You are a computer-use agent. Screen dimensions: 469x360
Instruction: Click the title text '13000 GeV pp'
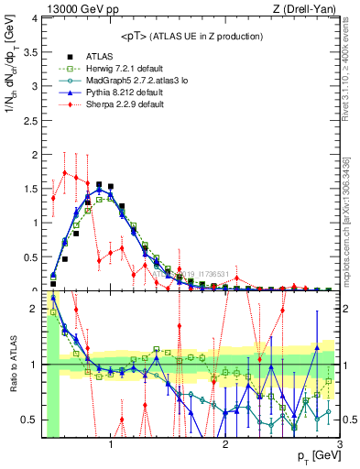pos(74,8)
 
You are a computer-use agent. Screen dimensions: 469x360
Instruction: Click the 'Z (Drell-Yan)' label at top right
pos(308,8)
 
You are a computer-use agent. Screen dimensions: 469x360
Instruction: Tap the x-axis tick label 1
pos(111,445)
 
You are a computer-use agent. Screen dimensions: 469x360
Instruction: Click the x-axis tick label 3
pos(339,445)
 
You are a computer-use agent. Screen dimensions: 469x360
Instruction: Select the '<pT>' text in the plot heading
pos(136,36)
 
